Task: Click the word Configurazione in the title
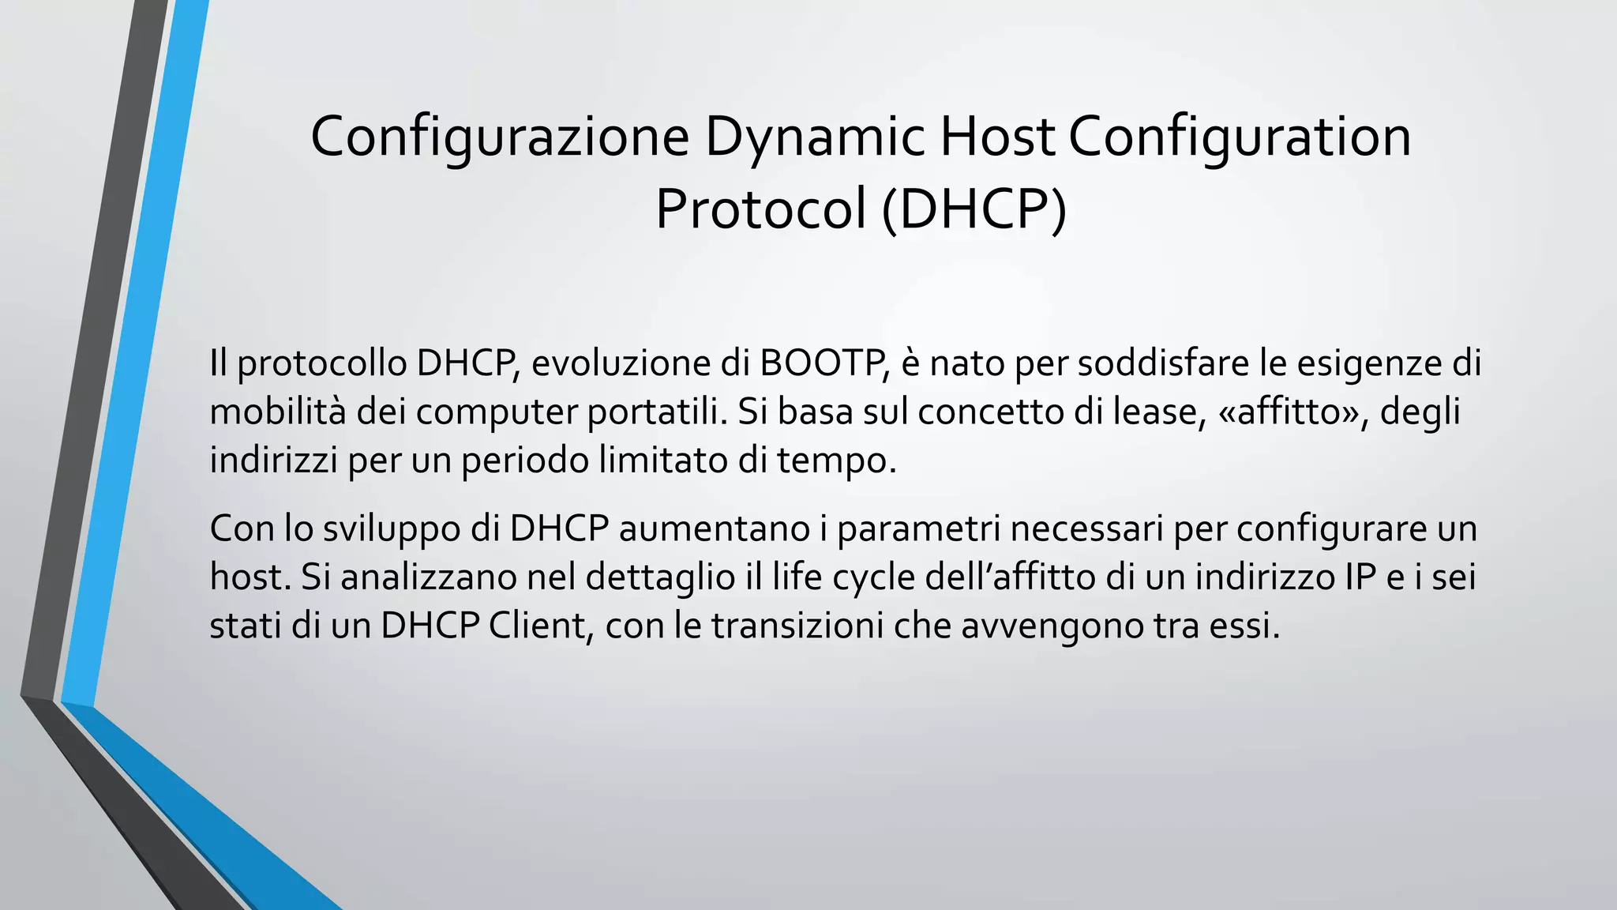[x=500, y=137]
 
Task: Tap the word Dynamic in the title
[x=815, y=137]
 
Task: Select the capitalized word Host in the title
[x=996, y=137]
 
